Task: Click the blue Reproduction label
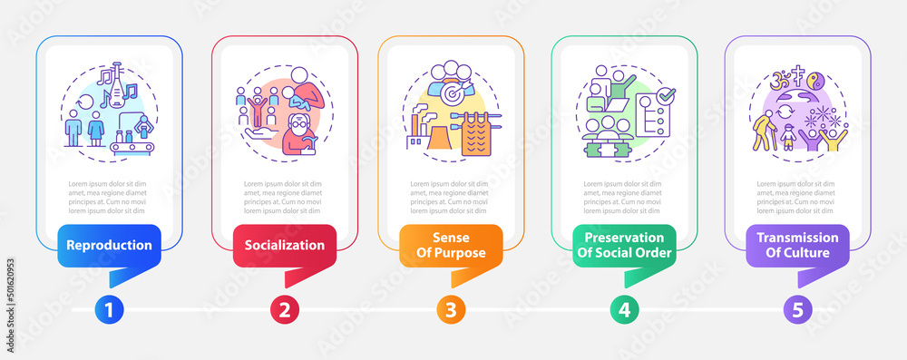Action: (x=108, y=245)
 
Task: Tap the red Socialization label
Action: (x=283, y=245)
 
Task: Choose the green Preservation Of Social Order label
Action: (x=622, y=246)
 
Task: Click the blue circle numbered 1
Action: (x=109, y=309)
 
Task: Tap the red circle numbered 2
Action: (x=284, y=309)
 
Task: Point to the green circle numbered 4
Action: (x=623, y=309)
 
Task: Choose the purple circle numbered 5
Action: (x=797, y=309)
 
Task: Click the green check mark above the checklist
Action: (x=667, y=93)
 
